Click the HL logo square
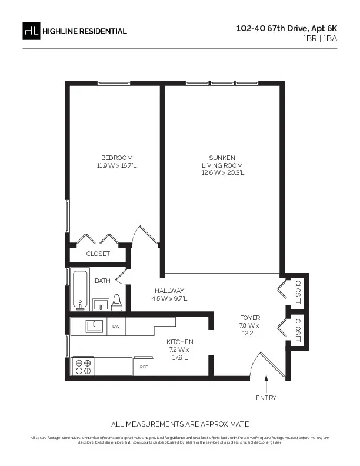[31, 31]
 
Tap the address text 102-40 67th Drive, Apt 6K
[286, 28]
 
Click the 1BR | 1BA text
[320, 38]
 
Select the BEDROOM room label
[116, 158]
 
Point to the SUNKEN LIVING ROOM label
[222, 161]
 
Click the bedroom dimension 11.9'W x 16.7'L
[116, 165]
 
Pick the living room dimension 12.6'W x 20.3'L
[222, 173]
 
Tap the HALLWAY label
[169, 291]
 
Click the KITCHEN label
[179, 342]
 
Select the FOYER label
[249, 317]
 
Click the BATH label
[102, 281]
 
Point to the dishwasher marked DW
[116, 326]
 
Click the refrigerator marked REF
[144, 366]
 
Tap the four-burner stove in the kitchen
[82, 366]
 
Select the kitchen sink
[94, 325]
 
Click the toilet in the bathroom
[116, 302]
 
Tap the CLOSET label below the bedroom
[98, 254]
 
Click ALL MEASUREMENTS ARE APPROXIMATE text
[180, 424]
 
